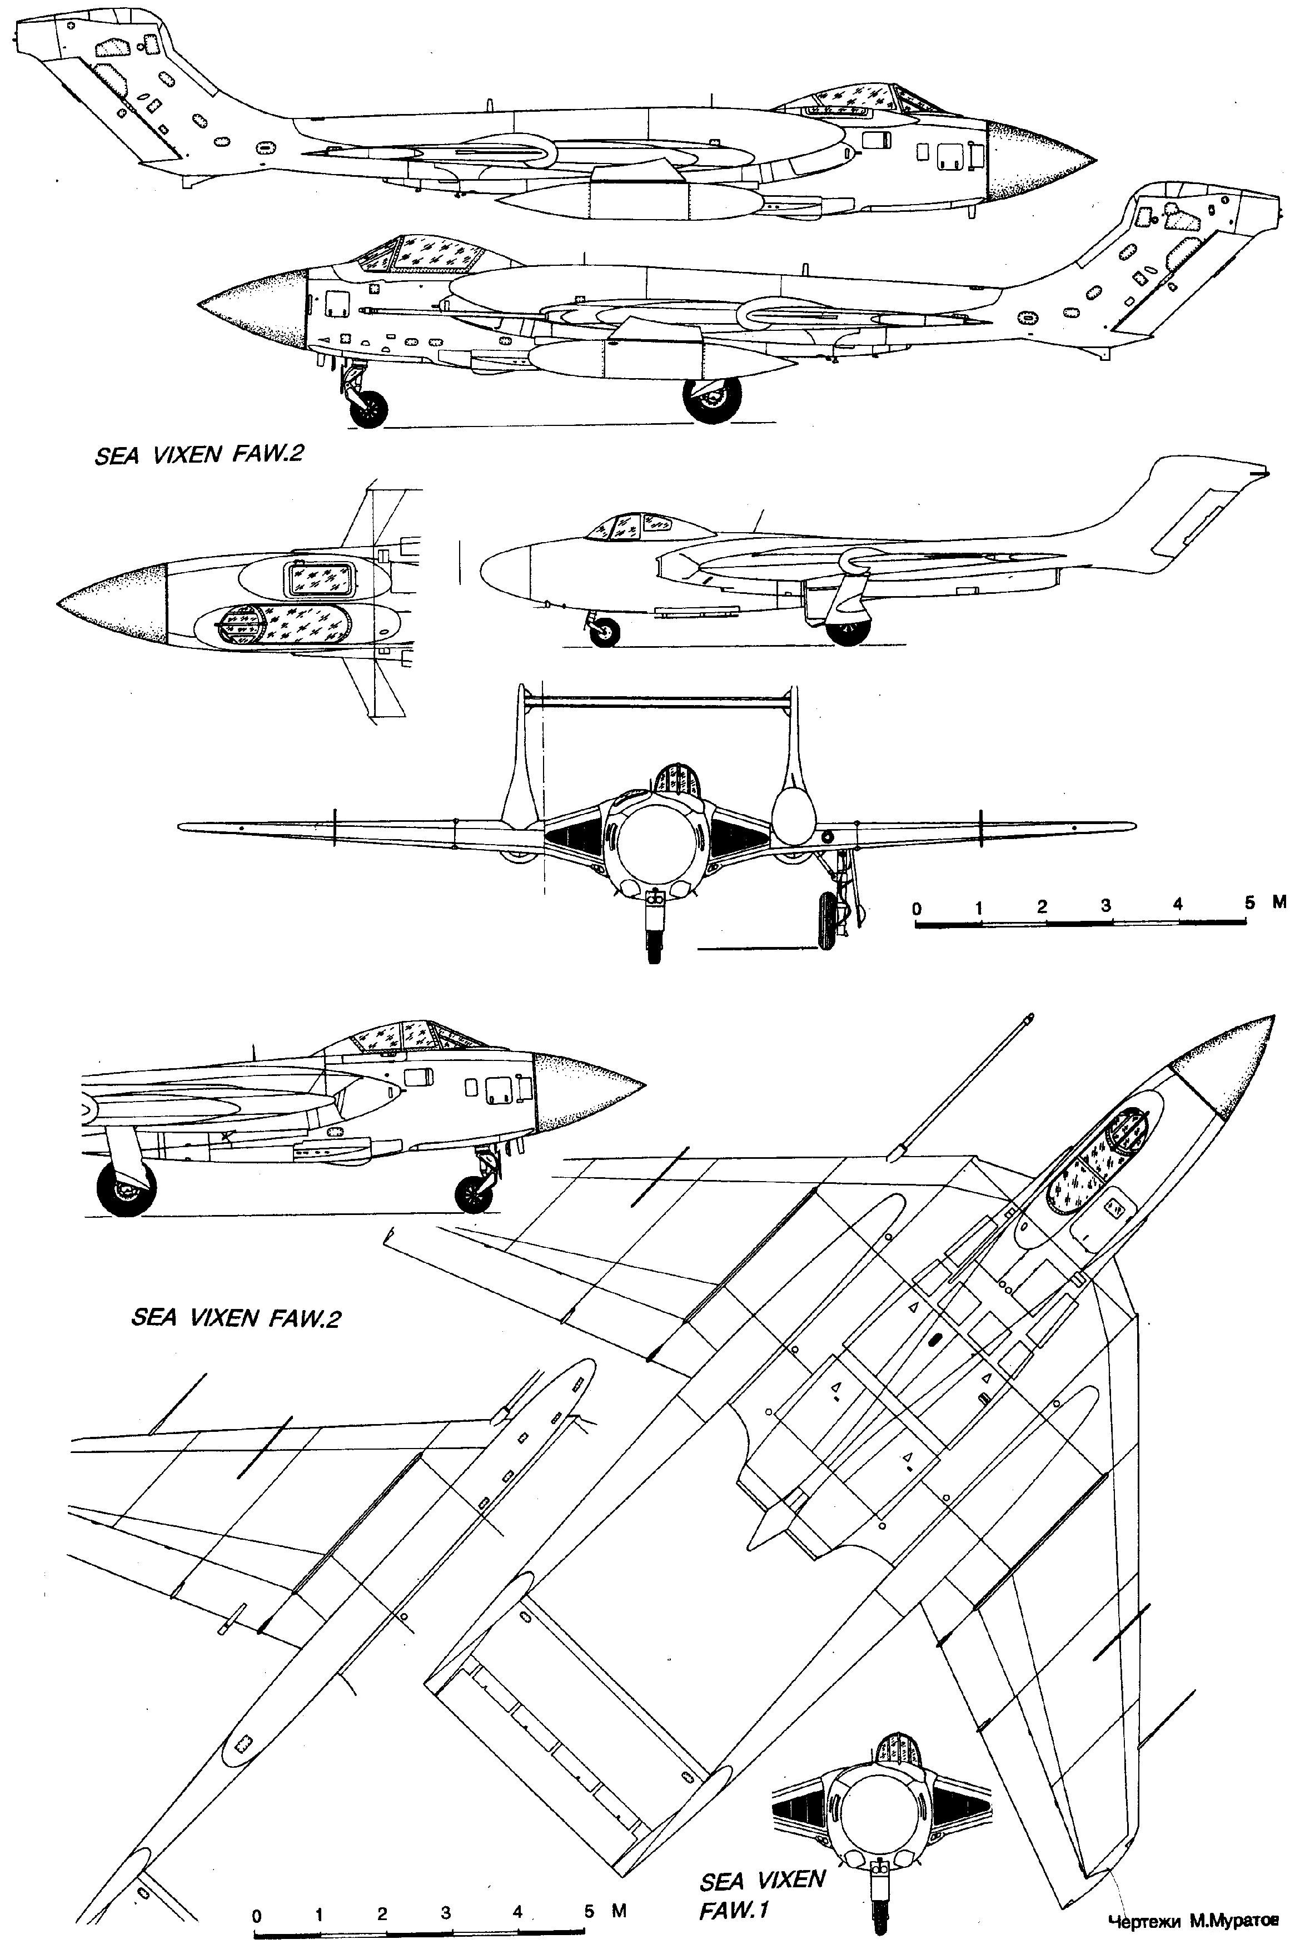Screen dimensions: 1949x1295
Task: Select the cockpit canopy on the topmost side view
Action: tap(859, 102)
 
